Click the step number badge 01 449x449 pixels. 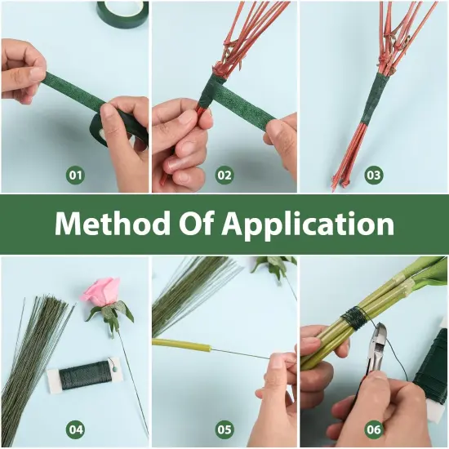75,175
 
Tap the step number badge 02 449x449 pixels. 224,175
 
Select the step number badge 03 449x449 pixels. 374,175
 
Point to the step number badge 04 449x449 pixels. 75,429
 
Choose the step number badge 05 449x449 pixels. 224,429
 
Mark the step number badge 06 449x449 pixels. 374,429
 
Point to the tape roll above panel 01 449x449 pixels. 122,11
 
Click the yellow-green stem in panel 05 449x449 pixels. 184,344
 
